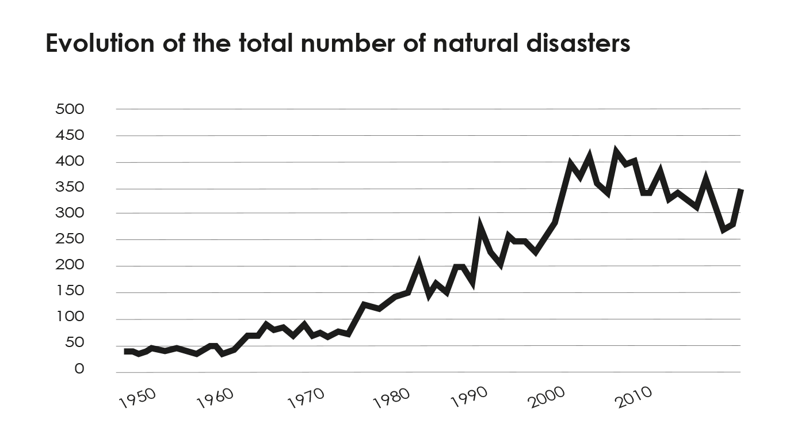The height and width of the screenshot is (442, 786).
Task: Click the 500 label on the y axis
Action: (x=70, y=109)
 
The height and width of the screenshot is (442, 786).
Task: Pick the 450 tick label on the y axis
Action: (x=70, y=135)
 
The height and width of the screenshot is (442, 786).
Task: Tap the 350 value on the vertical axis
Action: (x=70, y=188)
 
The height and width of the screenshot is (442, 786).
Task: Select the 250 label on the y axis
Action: (x=70, y=239)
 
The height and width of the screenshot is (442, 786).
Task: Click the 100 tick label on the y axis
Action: (x=70, y=317)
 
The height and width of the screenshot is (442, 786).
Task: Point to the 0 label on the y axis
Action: (x=79, y=369)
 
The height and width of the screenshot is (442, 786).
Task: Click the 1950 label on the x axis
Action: (x=138, y=398)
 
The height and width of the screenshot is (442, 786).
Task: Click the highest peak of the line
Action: (x=616, y=151)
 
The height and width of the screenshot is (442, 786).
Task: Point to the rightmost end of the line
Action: (x=741, y=190)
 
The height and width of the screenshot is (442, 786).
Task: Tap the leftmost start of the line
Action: (x=125, y=351)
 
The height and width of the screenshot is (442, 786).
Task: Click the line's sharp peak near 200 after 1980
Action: (x=419, y=264)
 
